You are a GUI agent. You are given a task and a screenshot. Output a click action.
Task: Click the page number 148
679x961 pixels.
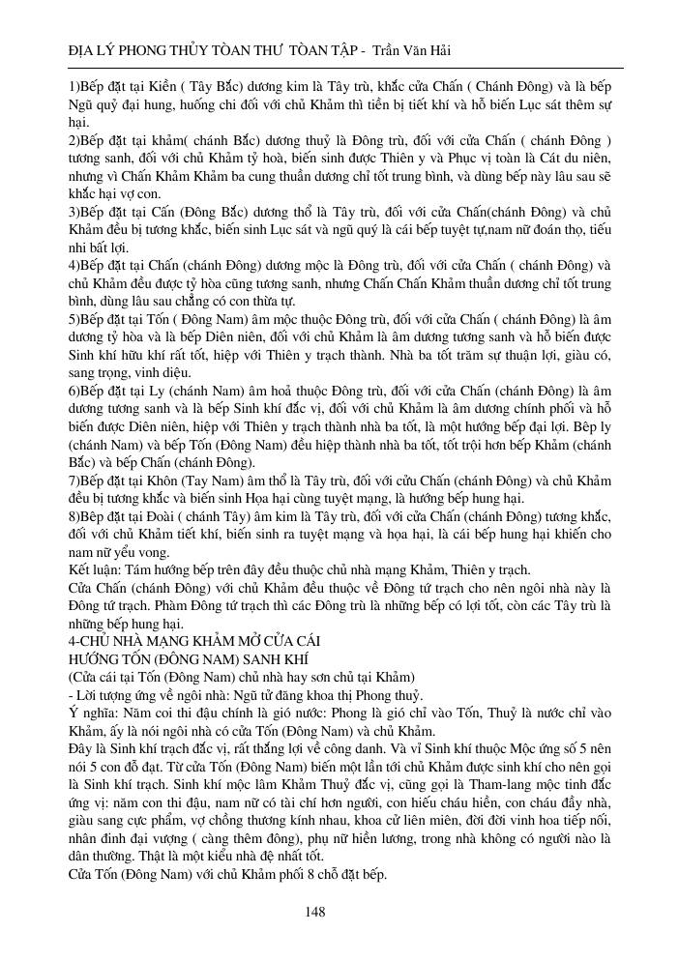(314, 912)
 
